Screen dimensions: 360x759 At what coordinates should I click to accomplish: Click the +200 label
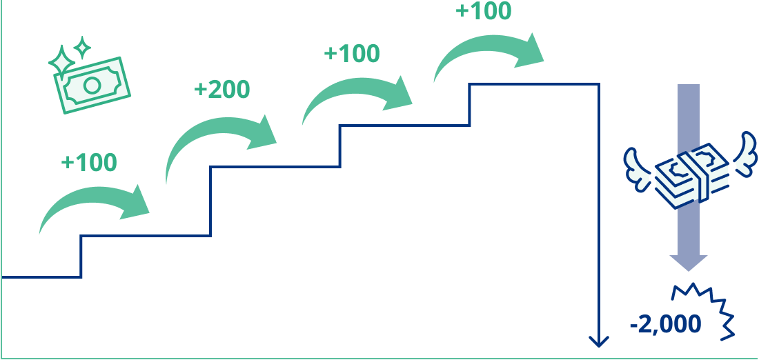(x=221, y=90)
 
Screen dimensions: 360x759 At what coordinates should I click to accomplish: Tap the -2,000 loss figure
(x=665, y=323)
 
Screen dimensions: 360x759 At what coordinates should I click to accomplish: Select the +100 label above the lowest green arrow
(x=89, y=163)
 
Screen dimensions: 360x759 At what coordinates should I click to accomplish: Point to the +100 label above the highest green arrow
(x=484, y=12)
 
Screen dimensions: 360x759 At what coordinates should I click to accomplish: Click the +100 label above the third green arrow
(x=351, y=54)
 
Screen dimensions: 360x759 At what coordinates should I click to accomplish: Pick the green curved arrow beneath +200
(x=221, y=141)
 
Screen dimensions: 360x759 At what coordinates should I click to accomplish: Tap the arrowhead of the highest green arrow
(x=531, y=52)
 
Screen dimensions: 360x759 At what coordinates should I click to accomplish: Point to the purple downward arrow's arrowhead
(x=688, y=262)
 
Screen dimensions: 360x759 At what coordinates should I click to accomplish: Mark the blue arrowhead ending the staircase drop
(x=598, y=341)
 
